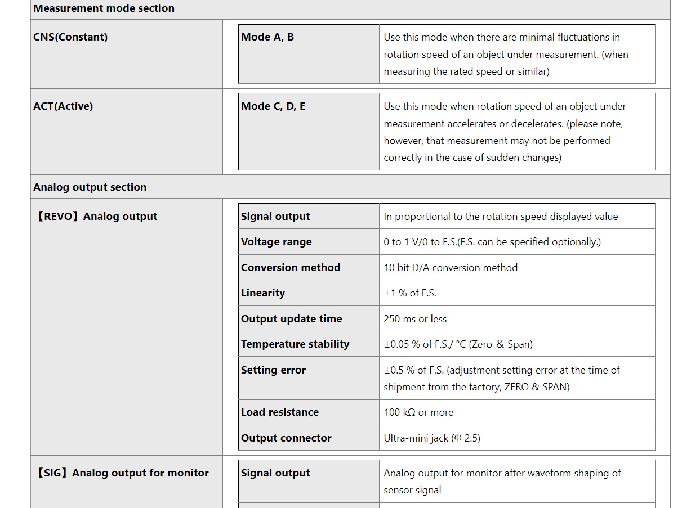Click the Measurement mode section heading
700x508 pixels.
click(x=104, y=8)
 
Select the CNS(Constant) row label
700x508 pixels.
click(x=70, y=37)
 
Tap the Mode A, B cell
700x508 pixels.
click(x=267, y=37)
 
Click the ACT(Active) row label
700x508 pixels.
click(x=63, y=106)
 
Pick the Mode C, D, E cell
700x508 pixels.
click(x=273, y=106)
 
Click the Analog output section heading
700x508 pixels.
click(x=90, y=187)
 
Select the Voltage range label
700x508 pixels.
click(x=276, y=242)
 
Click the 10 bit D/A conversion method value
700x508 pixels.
click(x=451, y=268)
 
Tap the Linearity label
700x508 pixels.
click(x=263, y=293)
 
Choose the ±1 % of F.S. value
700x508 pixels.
click(x=410, y=293)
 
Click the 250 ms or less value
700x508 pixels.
click(x=415, y=319)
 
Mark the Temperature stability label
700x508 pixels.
click(x=295, y=344)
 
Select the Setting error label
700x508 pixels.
click(x=273, y=370)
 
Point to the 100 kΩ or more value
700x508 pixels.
click(x=418, y=412)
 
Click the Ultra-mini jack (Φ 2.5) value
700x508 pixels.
click(x=432, y=438)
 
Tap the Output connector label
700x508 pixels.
click(x=286, y=438)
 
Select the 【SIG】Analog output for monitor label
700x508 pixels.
click(x=122, y=473)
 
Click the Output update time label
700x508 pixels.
click(x=291, y=319)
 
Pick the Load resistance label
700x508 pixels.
click(x=279, y=412)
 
